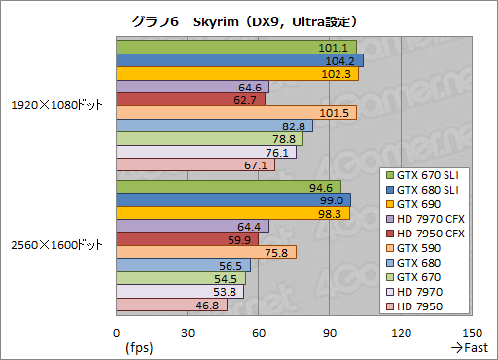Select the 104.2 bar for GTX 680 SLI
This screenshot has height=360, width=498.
coord(239,60)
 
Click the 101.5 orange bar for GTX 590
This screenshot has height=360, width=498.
coord(235,113)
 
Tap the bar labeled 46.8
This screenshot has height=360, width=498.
coord(171,305)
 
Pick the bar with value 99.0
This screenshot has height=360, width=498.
coord(232,199)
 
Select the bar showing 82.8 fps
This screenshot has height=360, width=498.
coord(214,126)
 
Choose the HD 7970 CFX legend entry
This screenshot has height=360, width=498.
coord(430,219)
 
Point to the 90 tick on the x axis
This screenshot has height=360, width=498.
coord(330,331)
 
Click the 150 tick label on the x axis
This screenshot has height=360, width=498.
coord(473,331)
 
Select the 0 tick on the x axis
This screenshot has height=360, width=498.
coord(116,331)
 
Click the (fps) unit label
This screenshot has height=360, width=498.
coord(139,346)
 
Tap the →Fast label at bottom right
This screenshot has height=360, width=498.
coord(469,346)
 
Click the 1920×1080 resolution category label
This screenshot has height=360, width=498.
coord(56,105)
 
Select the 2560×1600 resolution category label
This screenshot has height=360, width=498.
coord(56,245)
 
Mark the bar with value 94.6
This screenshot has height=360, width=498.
coord(228,187)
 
